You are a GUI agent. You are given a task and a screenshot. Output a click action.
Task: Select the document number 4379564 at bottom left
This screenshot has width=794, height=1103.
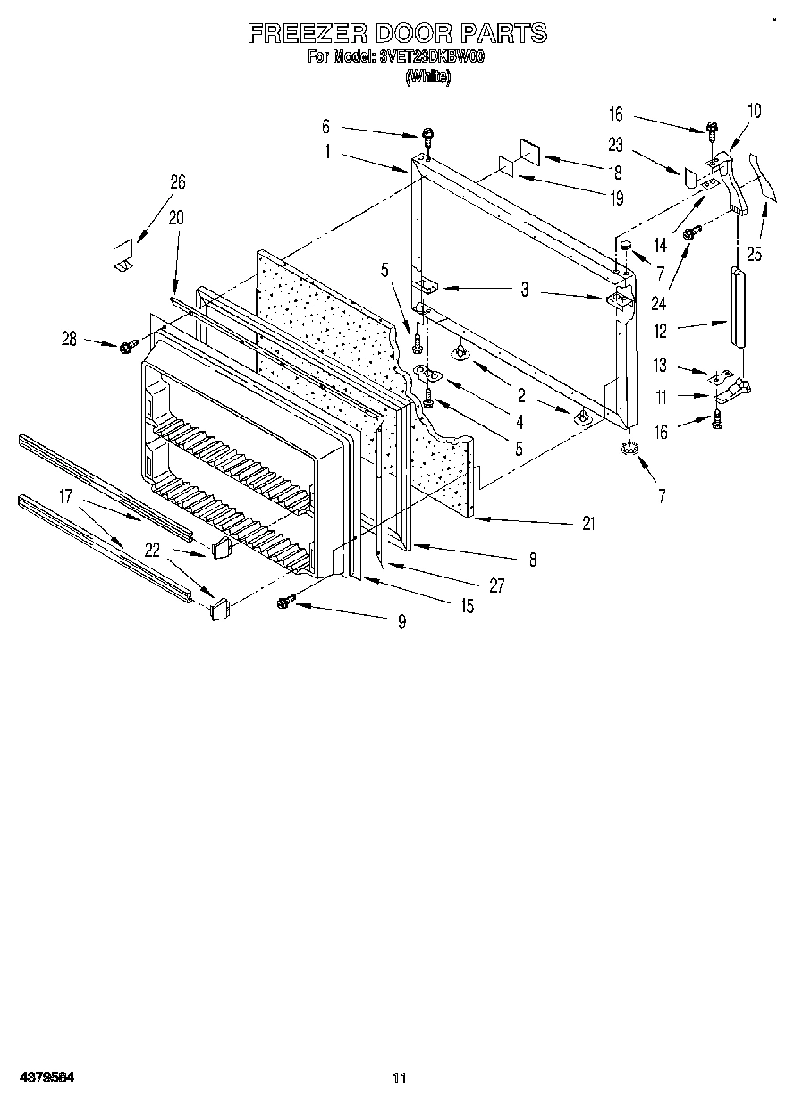coord(46,1078)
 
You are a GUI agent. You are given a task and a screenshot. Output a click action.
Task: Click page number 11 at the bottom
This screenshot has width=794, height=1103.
coord(400,1079)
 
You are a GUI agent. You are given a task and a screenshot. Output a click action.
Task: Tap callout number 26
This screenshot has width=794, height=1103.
coord(178,181)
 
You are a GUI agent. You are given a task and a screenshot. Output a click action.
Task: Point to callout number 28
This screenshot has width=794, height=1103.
coord(70,339)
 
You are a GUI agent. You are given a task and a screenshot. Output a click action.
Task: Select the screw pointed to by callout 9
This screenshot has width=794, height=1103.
coord(287,602)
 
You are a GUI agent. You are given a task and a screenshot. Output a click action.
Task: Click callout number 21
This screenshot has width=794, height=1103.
coord(587,525)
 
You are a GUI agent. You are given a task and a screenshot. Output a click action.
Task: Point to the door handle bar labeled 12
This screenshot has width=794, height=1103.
coord(739,305)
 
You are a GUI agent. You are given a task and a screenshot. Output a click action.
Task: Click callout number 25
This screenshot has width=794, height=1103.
coord(755,254)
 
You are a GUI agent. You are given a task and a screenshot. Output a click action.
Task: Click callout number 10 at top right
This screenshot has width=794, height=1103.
coord(754,111)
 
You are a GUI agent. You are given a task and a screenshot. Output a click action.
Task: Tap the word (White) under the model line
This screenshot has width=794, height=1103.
coord(427,77)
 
